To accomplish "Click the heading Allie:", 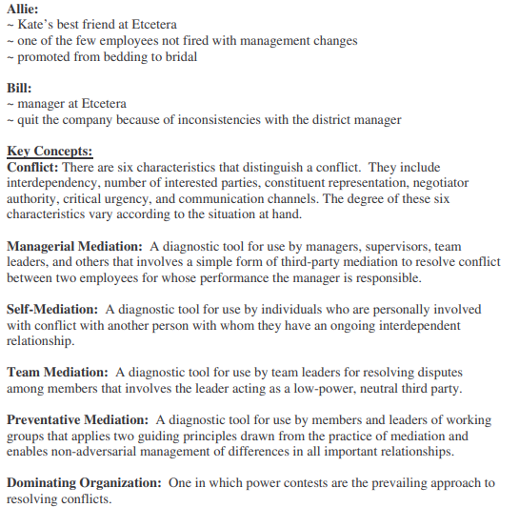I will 24,8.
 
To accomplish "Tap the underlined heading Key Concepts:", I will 50,151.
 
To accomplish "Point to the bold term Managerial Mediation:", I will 73,246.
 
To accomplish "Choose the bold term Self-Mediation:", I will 52,309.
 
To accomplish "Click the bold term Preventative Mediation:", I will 77,419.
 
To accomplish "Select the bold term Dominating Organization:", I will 84,483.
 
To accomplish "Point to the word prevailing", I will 369,483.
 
